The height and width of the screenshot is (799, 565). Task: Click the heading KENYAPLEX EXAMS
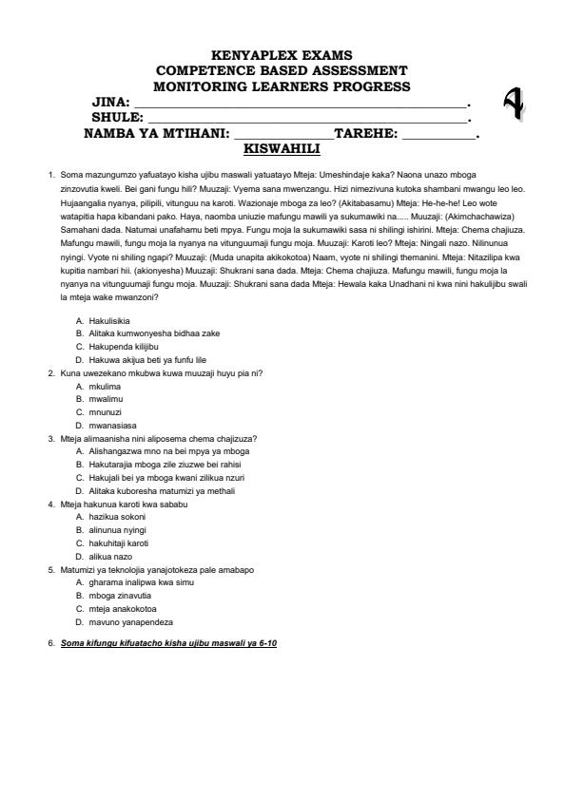tap(282, 55)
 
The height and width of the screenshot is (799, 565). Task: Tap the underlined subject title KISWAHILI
tap(282, 149)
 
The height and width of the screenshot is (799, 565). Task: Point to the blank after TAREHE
tap(438, 137)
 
